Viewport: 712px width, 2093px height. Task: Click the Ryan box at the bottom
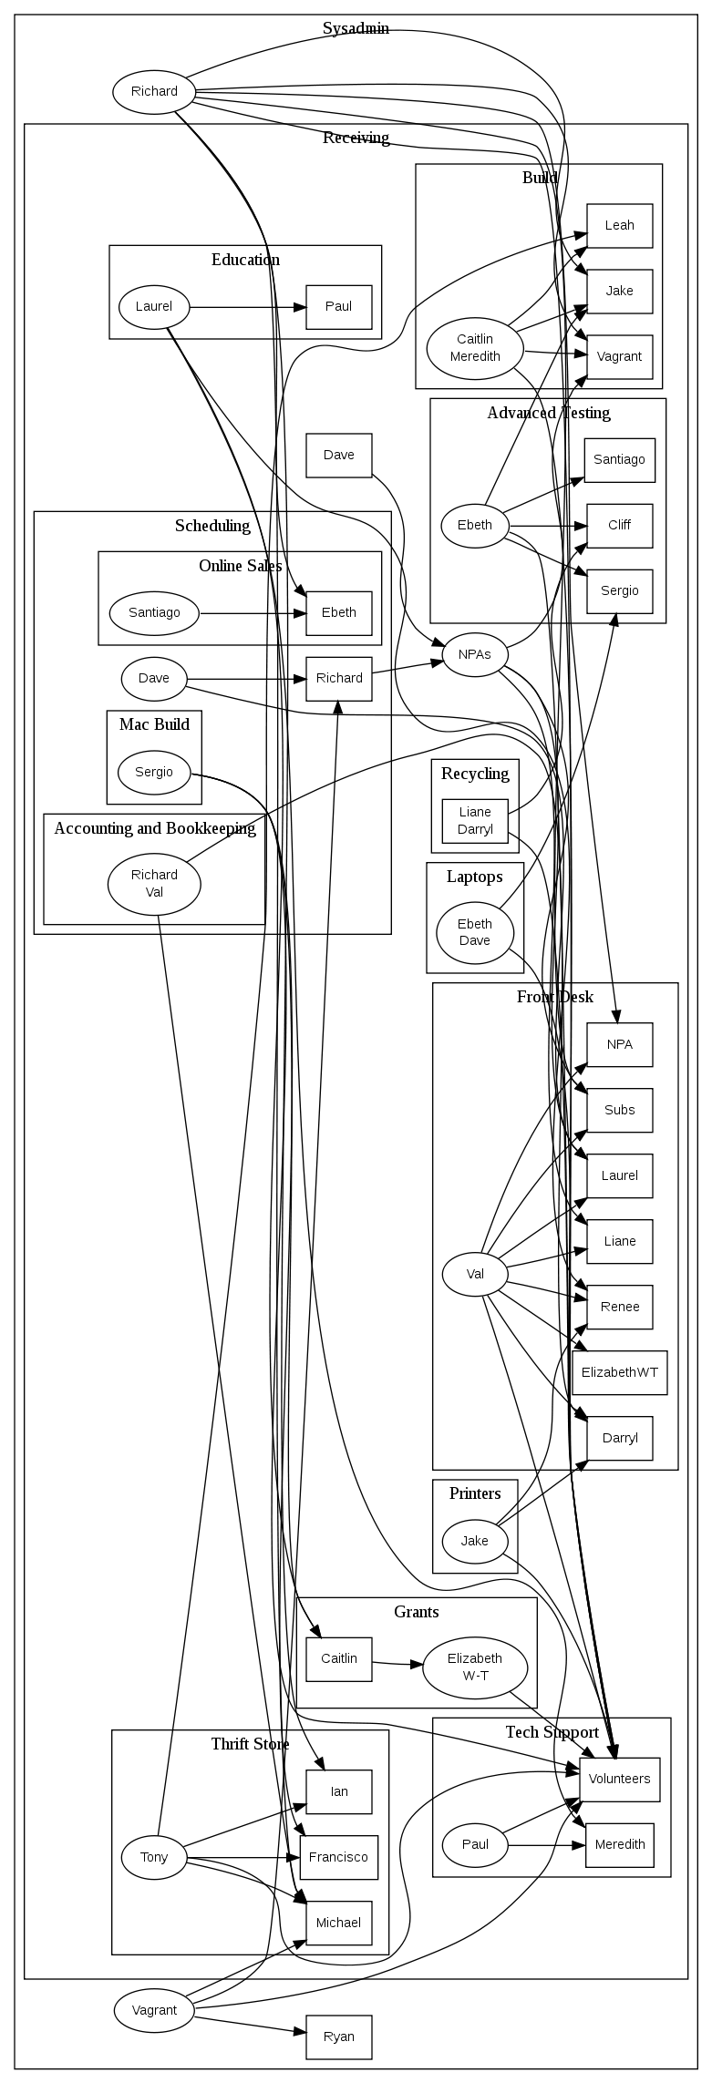tap(338, 2037)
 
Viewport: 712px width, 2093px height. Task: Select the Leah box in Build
tap(619, 225)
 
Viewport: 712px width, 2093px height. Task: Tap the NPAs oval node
tap(474, 654)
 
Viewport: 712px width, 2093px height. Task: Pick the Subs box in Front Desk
tap(619, 1110)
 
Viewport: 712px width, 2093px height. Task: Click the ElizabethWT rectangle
tap(619, 1372)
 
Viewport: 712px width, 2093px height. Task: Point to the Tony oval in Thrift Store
tap(154, 1857)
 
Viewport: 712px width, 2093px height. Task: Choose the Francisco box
tap(338, 1857)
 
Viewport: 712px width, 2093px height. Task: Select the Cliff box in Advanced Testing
tap(619, 525)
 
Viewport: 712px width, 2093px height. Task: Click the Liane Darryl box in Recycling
tap(474, 820)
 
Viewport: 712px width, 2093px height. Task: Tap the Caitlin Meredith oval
tap(475, 347)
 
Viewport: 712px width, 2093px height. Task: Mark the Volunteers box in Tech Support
tap(619, 1779)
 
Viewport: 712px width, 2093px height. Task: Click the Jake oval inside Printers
tap(474, 1541)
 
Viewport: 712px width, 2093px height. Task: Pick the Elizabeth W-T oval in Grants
tap(475, 1666)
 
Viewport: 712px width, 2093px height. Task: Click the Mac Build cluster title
tap(154, 724)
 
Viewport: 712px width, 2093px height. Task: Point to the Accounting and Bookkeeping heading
tap(154, 828)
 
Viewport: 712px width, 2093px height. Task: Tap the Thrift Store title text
tap(250, 1744)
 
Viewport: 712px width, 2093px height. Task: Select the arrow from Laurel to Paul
tap(246, 307)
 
